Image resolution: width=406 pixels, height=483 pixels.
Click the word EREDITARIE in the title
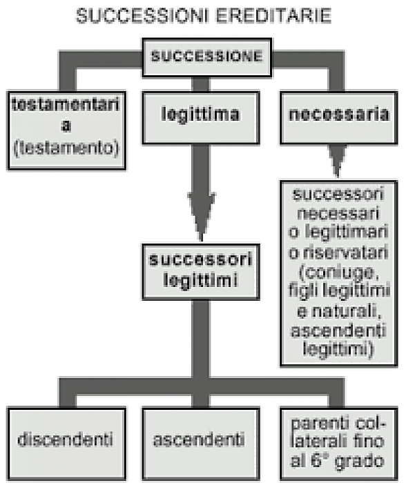tap(273, 16)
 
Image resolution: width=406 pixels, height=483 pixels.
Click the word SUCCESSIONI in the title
tap(144, 16)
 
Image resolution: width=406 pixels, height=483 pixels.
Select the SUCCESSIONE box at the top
tap(207, 57)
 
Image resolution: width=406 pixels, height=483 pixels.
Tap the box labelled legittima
tap(201, 118)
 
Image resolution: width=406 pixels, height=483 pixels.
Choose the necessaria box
tap(339, 118)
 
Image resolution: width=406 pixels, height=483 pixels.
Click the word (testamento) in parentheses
tap(66, 148)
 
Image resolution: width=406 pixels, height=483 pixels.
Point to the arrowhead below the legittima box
tap(202, 216)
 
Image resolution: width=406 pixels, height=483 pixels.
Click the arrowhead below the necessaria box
tap(338, 161)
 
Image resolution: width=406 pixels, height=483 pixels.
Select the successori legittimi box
tap(201, 272)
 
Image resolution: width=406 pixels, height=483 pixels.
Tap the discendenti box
tap(66, 444)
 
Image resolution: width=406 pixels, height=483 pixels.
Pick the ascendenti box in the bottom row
tap(201, 444)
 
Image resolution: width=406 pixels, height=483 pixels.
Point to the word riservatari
tap(345, 253)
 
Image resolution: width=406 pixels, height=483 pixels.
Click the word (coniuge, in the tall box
tap(339, 273)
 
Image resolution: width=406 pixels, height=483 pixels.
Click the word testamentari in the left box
tap(66, 105)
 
